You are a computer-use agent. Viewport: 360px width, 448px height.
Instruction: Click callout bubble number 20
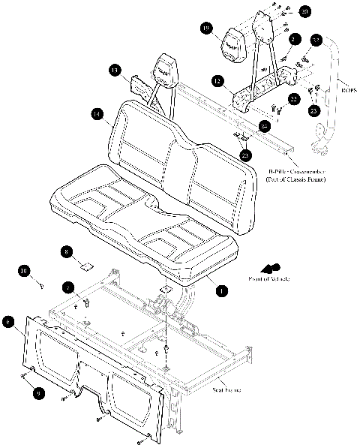[x=304, y=12]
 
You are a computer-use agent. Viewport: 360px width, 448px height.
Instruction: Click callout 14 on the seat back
[x=96, y=114]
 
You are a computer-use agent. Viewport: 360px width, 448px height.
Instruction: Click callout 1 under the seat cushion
[x=220, y=288]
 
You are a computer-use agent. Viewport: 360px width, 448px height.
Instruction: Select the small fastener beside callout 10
[x=42, y=284]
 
